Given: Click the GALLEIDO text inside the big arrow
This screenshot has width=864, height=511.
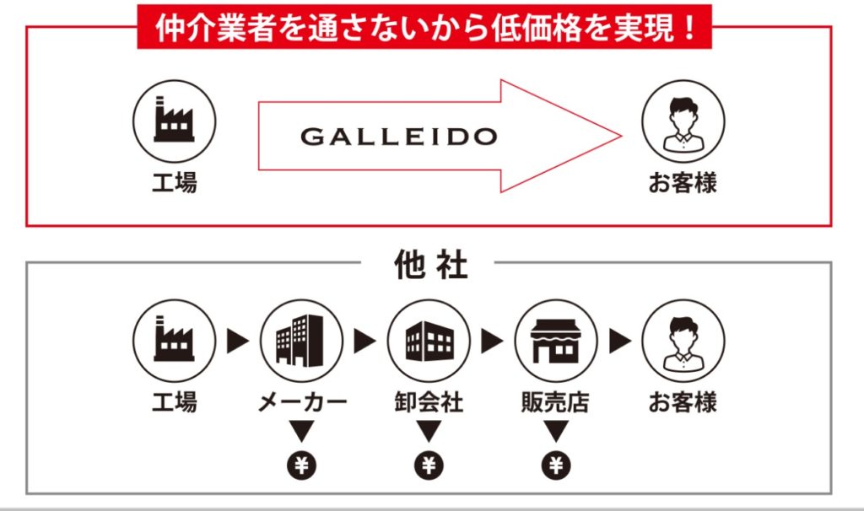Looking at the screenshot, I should pyautogui.click(x=398, y=137).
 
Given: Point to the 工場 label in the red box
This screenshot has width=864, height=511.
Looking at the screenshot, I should pyautogui.click(x=174, y=182).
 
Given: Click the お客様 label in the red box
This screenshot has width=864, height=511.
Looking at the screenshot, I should pyautogui.click(x=683, y=182).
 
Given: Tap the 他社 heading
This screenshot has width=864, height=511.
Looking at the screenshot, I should pyautogui.click(x=430, y=266).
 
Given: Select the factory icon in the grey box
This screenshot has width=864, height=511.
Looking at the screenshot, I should pyautogui.click(x=174, y=342).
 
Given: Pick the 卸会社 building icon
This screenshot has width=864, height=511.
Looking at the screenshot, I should pyautogui.click(x=429, y=342).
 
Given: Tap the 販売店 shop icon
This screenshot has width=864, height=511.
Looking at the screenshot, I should pyautogui.click(x=555, y=342).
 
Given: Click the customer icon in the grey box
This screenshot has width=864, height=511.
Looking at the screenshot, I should pyautogui.click(x=683, y=342).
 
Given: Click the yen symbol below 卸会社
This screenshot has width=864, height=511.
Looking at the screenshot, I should pyautogui.click(x=429, y=464).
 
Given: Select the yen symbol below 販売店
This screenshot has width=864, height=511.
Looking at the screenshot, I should pyautogui.click(x=555, y=464).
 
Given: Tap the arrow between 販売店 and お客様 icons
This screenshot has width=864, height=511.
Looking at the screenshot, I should pyautogui.click(x=619, y=342).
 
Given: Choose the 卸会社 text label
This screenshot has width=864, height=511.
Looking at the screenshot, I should pyautogui.click(x=429, y=402).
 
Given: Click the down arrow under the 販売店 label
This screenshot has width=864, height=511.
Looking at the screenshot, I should pyautogui.click(x=555, y=432).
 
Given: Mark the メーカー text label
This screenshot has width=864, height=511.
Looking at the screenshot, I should pyautogui.click(x=301, y=402).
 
